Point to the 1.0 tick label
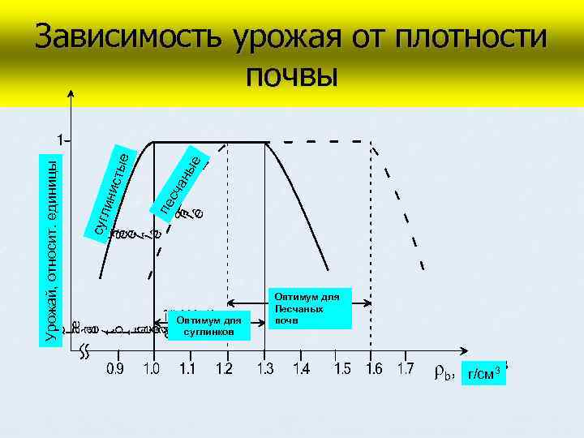click(152, 369)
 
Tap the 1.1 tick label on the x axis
click(187, 369)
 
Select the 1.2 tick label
click(225, 369)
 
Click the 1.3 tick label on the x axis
click(264, 369)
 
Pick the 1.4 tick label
click(301, 369)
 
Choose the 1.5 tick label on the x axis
click(342, 369)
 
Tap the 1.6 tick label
click(374, 369)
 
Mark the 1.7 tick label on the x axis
click(405, 369)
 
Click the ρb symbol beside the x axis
click(443, 374)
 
